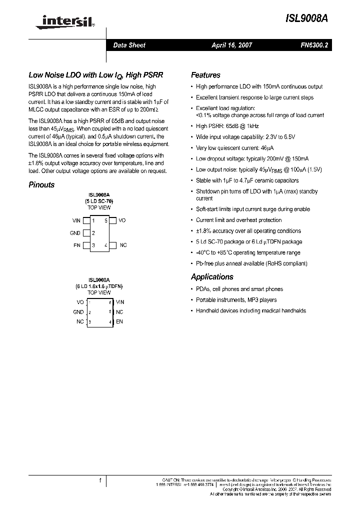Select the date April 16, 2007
coord(231,45)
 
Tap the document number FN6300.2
coord(313,45)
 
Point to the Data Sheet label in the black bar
coord(129,45)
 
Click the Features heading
coord(205,75)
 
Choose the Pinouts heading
coord(41,184)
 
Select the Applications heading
coord(212,276)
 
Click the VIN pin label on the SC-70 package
coord(76,220)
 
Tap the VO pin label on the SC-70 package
coord(122,220)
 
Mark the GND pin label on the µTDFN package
coord(78,312)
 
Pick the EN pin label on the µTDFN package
coord(119,321)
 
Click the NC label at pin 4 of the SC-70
coord(123,245)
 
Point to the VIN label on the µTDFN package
coord(120,302)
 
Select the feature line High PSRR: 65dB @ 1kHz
coord(227,126)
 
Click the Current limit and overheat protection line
coord(238,220)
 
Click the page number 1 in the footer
coord(100,481)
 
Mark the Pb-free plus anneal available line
coord(251,263)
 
